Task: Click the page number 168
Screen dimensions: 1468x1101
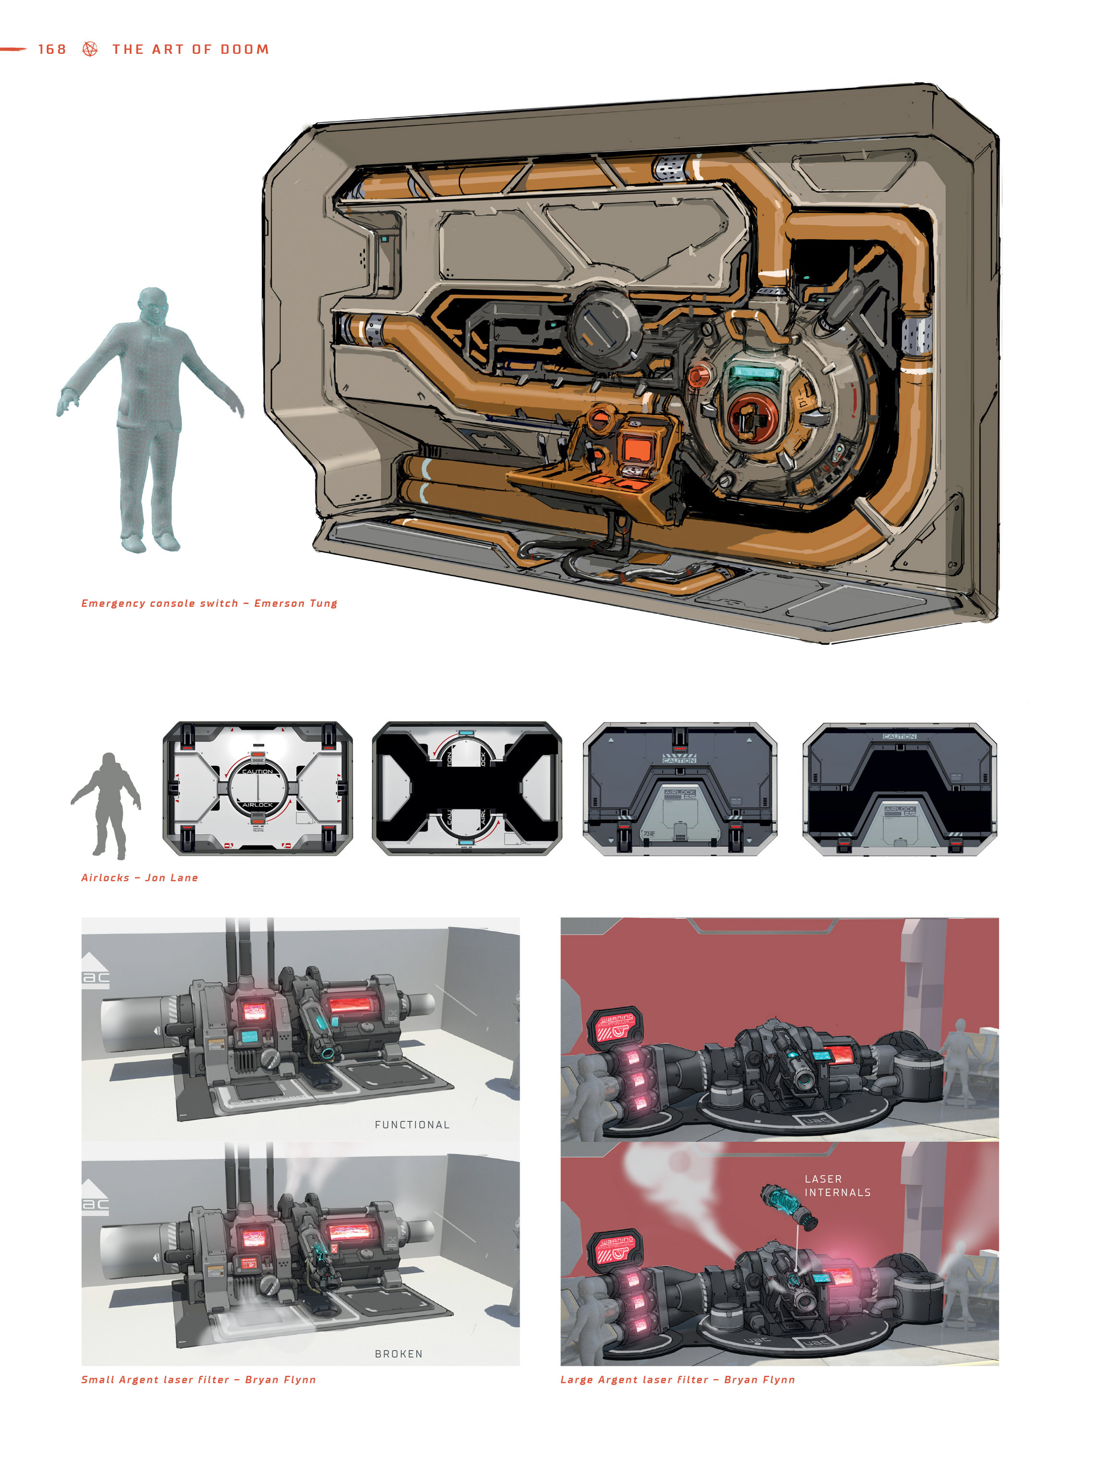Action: tap(52, 49)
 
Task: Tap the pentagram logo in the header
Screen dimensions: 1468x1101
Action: tap(90, 49)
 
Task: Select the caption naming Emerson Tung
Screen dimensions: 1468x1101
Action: tap(209, 603)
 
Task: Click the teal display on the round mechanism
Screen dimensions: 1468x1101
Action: tap(754, 373)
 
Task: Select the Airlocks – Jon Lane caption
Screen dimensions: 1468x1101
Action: tap(139, 877)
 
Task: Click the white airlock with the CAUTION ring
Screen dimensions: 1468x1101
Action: tap(257, 788)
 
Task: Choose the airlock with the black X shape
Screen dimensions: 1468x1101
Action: tap(466, 788)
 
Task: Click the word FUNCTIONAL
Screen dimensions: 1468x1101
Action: tap(412, 1124)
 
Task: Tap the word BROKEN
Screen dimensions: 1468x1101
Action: tap(398, 1354)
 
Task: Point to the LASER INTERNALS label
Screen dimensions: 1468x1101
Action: tap(837, 1185)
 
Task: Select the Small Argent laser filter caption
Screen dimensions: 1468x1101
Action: tap(198, 1380)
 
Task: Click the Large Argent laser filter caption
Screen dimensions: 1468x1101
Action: tap(677, 1380)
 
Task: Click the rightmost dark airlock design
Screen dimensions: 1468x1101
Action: tap(899, 788)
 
